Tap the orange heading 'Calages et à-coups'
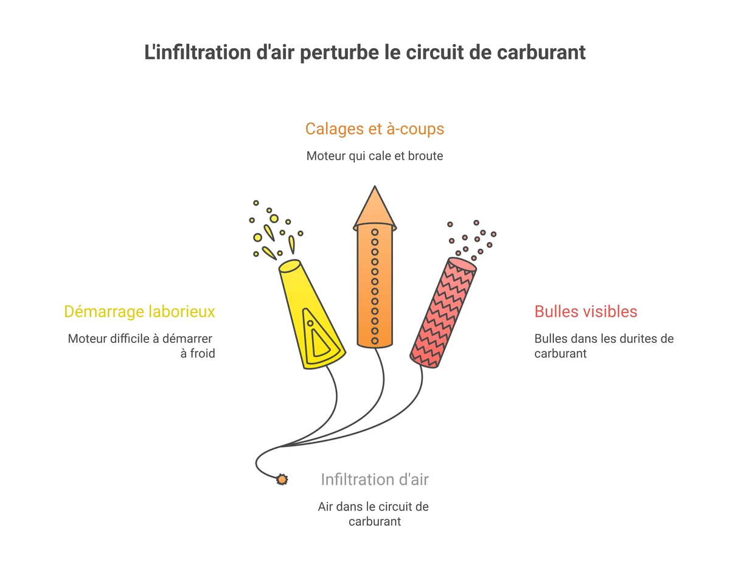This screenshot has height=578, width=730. pos(375,129)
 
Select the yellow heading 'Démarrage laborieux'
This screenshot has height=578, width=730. pos(139,311)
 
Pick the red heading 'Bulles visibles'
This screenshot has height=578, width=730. pos(586,311)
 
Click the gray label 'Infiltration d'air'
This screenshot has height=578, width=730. pos(375,479)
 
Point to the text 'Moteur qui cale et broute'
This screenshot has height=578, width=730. pos(375,156)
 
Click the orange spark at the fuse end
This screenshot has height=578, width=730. pos(282,479)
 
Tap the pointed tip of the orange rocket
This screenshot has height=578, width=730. pos(375,186)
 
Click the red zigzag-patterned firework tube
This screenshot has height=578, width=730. pos(443,313)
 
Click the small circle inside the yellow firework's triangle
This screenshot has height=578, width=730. pos(310,323)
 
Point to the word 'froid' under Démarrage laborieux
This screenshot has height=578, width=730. pos(203,353)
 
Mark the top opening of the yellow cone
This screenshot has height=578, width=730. pos(290,266)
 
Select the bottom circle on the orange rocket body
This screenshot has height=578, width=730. pos(375,340)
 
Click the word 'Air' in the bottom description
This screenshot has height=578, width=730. pos(325,507)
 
